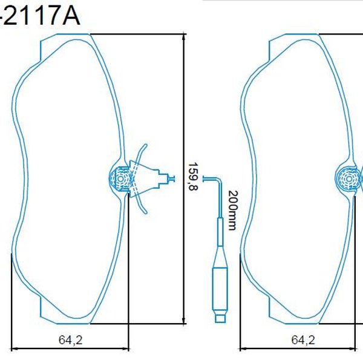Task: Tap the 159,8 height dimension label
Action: point(194,177)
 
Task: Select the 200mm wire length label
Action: point(233,210)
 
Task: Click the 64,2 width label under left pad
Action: point(71,340)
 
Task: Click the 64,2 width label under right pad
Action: point(303,340)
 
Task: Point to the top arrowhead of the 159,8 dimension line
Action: point(184,36)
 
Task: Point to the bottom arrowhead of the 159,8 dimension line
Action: point(184,321)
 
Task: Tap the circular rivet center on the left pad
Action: point(120,179)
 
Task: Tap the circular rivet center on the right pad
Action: point(348,179)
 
